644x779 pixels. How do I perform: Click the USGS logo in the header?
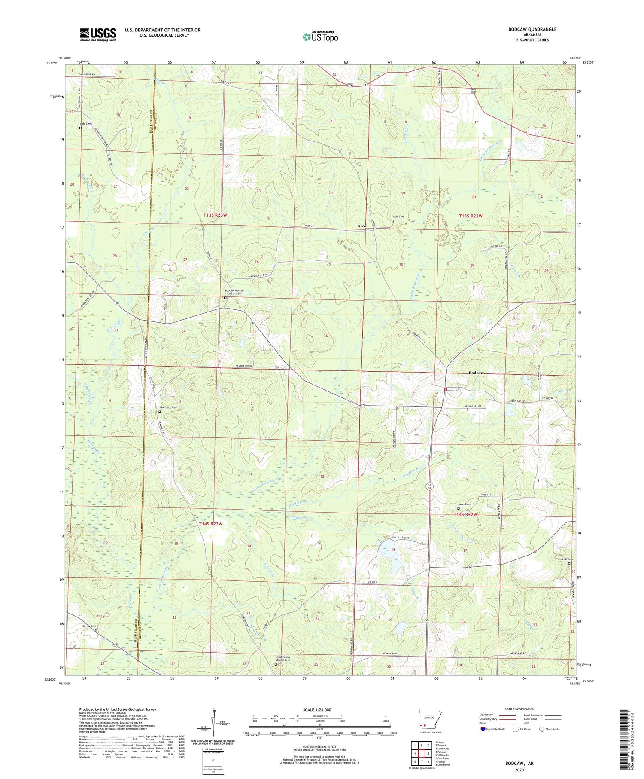[98, 34]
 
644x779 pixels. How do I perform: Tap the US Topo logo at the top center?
[320, 37]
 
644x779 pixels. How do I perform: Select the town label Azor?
[362, 226]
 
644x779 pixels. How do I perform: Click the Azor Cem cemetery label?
[398, 217]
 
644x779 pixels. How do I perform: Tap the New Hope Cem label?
[168, 407]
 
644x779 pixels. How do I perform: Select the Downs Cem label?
[89, 626]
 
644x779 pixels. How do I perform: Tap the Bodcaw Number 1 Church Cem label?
[234, 292]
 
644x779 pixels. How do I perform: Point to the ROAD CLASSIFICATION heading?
[519, 709]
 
